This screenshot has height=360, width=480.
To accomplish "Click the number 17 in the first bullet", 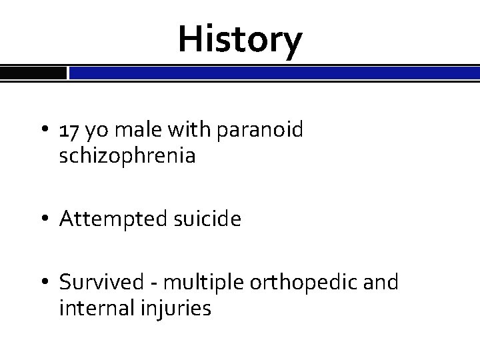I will (69, 131).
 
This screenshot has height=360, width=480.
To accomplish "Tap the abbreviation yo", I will (95, 132).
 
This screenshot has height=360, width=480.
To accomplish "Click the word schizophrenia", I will (127, 157).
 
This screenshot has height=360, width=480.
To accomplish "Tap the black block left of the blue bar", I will (33, 72).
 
